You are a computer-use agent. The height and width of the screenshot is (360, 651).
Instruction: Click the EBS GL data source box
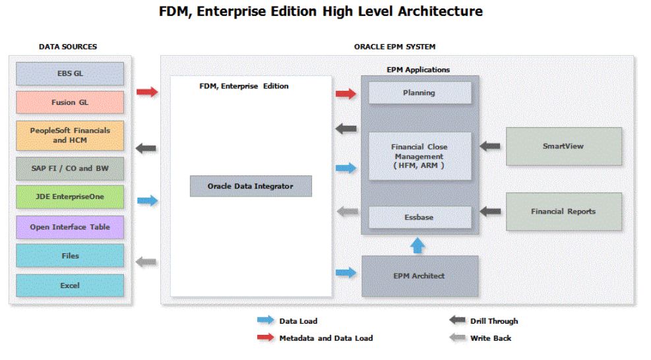click(x=70, y=73)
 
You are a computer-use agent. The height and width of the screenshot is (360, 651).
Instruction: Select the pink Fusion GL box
click(x=70, y=102)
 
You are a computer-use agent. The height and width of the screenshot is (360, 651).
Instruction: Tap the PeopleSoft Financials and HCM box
click(x=70, y=135)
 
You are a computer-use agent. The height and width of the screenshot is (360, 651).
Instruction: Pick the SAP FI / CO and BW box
click(x=70, y=168)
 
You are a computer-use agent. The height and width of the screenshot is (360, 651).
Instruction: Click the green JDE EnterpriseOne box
click(x=70, y=196)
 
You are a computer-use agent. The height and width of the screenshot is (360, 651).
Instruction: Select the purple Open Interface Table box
click(x=70, y=227)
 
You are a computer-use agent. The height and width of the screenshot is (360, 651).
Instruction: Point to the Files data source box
click(x=70, y=256)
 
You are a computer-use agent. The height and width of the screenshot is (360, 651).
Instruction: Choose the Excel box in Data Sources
click(x=70, y=285)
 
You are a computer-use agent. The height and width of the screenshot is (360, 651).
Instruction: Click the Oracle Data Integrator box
click(x=251, y=186)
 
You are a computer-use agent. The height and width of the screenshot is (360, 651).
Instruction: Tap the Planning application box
click(x=419, y=93)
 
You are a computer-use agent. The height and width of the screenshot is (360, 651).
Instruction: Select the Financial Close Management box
click(x=419, y=156)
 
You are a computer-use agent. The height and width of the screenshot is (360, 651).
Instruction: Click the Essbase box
click(x=419, y=216)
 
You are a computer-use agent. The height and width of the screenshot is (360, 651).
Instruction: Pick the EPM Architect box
click(x=419, y=276)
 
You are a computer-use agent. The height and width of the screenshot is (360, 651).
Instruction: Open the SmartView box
click(x=563, y=146)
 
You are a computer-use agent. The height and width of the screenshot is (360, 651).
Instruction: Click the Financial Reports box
click(x=563, y=212)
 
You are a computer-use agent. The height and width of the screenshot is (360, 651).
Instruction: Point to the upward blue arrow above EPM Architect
click(x=418, y=246)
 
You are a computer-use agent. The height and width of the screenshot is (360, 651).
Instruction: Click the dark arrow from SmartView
click(x=489, y=146)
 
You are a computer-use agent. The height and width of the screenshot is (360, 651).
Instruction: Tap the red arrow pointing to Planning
click(x=346, y=94)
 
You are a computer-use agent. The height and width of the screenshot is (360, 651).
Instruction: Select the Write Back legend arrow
click(x=457, y=338)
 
